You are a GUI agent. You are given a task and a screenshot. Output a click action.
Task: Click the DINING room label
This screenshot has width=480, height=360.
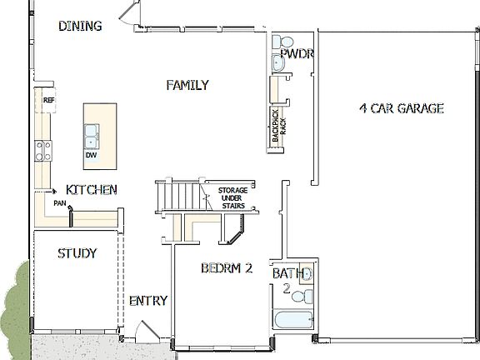pos(80,26)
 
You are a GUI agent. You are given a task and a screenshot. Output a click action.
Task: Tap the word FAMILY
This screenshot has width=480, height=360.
pos(187,85)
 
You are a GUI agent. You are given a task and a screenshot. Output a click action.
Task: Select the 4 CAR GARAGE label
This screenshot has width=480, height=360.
pos(401,108)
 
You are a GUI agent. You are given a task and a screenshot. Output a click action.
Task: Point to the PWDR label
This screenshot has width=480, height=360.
pos(296,54)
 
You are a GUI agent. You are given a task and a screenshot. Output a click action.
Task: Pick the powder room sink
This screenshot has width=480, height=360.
pos(277,62)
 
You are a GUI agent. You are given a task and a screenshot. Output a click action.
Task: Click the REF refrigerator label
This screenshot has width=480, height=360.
pos(48,101)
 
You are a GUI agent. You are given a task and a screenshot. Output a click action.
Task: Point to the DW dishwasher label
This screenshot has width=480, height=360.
pos(90,155)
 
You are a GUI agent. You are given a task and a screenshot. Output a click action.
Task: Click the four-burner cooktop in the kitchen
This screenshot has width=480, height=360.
pos(42,150)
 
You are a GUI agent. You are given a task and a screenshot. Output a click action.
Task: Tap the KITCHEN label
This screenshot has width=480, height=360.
pos(91,190)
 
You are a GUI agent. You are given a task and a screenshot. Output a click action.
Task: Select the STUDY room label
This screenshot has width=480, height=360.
pos(77,253)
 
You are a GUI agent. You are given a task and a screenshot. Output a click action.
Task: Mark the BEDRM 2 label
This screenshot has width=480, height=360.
pos(226,268)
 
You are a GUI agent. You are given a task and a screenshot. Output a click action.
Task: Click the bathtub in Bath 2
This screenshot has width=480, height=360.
pos(293,321)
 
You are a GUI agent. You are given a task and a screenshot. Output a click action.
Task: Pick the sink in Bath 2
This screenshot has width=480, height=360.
pos(306,274)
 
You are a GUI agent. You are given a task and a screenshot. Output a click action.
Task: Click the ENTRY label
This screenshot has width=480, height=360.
pos(147,301)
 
